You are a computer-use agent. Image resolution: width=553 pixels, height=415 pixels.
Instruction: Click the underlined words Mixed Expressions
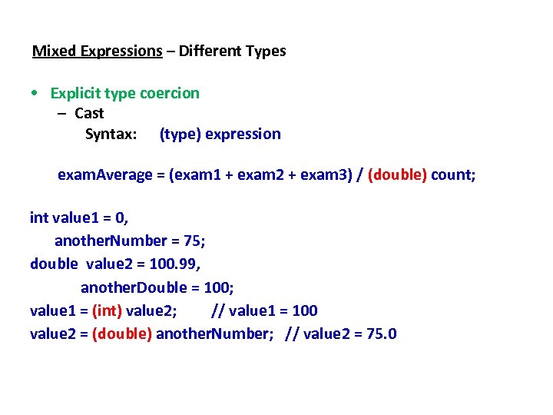[x=97, y=51]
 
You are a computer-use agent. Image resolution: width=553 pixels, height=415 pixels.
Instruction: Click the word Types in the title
[x=266, y=51]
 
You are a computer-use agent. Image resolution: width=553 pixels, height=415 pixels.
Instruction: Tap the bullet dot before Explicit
[x=35, y=94]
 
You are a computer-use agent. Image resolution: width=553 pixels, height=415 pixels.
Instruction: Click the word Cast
[x=89, y=114]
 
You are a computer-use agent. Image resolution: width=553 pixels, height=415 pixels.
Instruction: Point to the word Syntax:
[x=111, y=134]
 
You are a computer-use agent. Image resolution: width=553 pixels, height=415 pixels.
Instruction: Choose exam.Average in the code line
[x=105, y=175]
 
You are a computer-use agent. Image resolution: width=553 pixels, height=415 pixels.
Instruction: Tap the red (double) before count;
[x=397, y=175]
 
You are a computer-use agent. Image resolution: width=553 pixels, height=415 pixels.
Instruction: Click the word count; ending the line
[x=453, y=175]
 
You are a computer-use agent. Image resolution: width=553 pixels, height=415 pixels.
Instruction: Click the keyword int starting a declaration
[x=38, y=217]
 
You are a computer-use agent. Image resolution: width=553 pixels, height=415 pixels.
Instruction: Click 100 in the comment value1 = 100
[x=305, y=310]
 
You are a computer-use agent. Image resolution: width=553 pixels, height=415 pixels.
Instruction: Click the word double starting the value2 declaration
[x=54, y=264]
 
